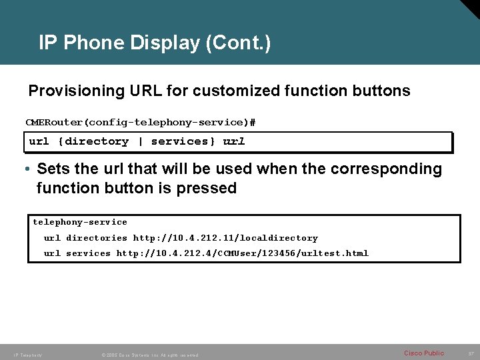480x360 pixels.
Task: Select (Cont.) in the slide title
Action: pos(238,43)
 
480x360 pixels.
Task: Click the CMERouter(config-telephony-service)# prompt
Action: pos(141,123)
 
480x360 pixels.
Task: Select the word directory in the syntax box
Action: pos(97,141)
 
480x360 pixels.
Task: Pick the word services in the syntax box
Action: pos(180,141)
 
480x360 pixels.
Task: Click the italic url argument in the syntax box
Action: pos(234,141)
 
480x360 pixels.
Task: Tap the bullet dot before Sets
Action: pos(30,169)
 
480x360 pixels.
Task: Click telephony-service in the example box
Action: pos(80,222)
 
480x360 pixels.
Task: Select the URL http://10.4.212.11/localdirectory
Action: pos(225,238)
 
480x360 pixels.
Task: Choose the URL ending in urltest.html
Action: pos(242,253)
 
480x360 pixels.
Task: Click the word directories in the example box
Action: pos(97,238)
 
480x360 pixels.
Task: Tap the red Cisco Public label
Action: pos(424,353)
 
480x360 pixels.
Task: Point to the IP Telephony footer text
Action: pos(28,355)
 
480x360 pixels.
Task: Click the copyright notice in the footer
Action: pos(150,355)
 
